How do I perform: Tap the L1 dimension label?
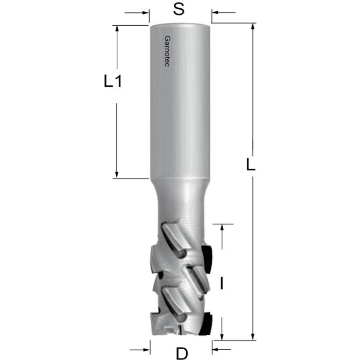pos(112,82)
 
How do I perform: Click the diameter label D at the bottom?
pos(181,353)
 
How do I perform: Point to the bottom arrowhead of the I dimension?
pos(222,334)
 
